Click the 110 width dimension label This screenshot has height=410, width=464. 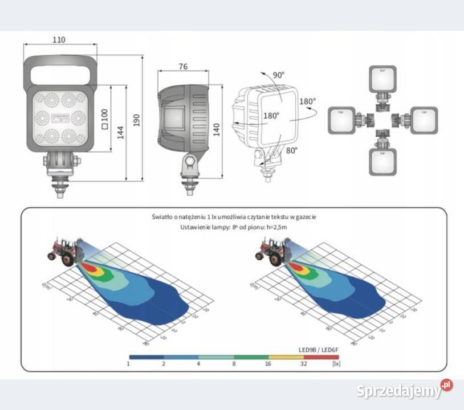59,40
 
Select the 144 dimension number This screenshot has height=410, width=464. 120,132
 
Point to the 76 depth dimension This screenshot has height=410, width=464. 183,67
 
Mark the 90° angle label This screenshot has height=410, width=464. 278,75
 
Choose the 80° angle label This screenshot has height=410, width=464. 292,151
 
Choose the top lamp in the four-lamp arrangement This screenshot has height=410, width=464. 383,79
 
